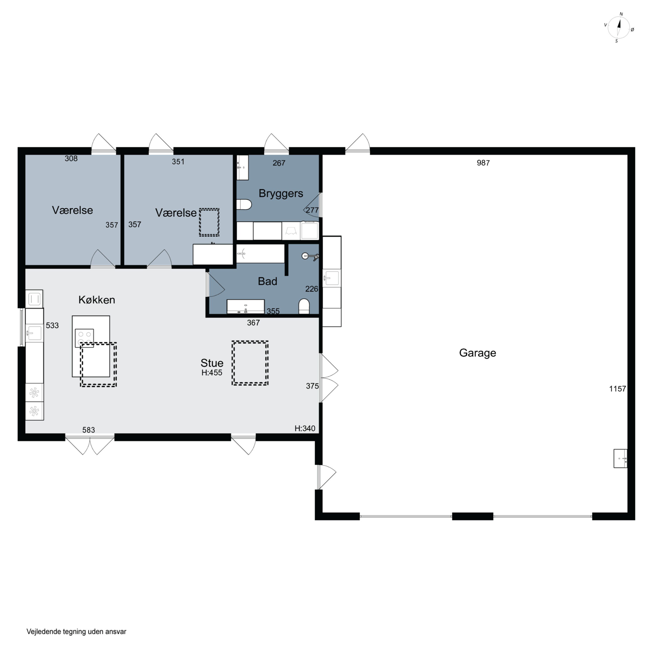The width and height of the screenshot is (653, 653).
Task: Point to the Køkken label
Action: point(97,300)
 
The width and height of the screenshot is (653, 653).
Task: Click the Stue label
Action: point(212,363)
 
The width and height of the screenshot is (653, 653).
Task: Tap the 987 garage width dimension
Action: point(483,163)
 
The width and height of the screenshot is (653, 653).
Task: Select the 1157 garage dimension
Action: point(618,389)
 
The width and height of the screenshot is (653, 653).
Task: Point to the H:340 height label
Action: point(305,429)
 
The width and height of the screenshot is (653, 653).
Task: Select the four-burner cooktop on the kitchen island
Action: point(84,338)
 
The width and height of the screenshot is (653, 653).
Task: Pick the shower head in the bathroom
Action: point(310,257)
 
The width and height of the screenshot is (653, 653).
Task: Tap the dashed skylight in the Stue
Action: point(250,363)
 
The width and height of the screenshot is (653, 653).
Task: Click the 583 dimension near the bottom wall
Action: point(89,430)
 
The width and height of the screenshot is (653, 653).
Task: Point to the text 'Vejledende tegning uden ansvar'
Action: point(76,632)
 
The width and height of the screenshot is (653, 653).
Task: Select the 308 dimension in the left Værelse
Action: point(71,158)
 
